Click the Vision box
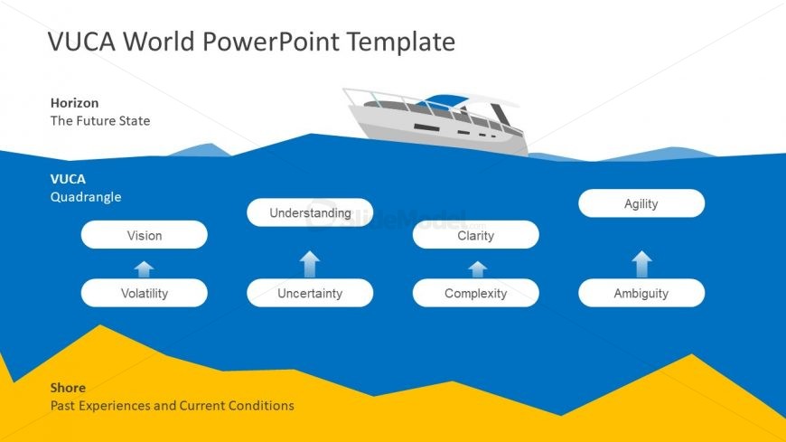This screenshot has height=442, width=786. click(x=144, y=235)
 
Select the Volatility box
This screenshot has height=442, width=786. click(x=144, y=293)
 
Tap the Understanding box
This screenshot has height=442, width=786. click(x=310, y=212)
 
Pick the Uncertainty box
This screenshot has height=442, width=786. click(x=310, y=293)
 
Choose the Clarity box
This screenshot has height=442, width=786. click(x=475, y=235)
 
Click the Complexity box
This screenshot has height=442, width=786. click(x=475, y=293)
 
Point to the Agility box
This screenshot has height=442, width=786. click(x=641, y=203)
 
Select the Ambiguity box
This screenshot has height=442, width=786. click(x=641, y=293)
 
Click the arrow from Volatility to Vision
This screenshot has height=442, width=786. click(x=144, y=268)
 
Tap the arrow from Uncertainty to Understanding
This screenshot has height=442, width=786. click(x=310, y=263)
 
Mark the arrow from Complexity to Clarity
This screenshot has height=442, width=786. click(x=477, y=268)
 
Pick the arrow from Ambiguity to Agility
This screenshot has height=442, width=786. click(x=641, y=264)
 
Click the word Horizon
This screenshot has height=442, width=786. click(x=74, y=103)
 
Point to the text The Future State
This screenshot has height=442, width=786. click(x=100, y=120)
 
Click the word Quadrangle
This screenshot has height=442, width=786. click(x=85, y=196)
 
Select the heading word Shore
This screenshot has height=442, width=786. click(x=68, y=388)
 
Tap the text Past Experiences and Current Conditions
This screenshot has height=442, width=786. click(x=172, y=406)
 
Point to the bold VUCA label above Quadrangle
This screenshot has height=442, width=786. click(x=68, y=179)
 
